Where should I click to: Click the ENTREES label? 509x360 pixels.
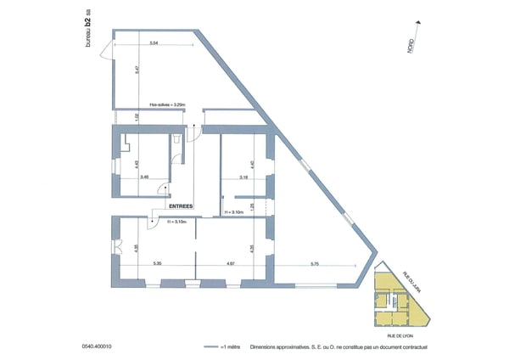[181, 206]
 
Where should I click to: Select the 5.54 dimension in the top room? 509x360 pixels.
[153, 42]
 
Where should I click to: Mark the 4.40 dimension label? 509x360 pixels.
[252, 166]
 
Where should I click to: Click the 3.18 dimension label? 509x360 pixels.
[243, 177]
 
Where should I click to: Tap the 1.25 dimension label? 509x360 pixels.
[252, 205]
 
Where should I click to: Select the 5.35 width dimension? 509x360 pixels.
[157, 264]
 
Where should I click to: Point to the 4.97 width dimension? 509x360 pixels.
[231, 264]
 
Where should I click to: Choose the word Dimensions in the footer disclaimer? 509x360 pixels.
[255, 346]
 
